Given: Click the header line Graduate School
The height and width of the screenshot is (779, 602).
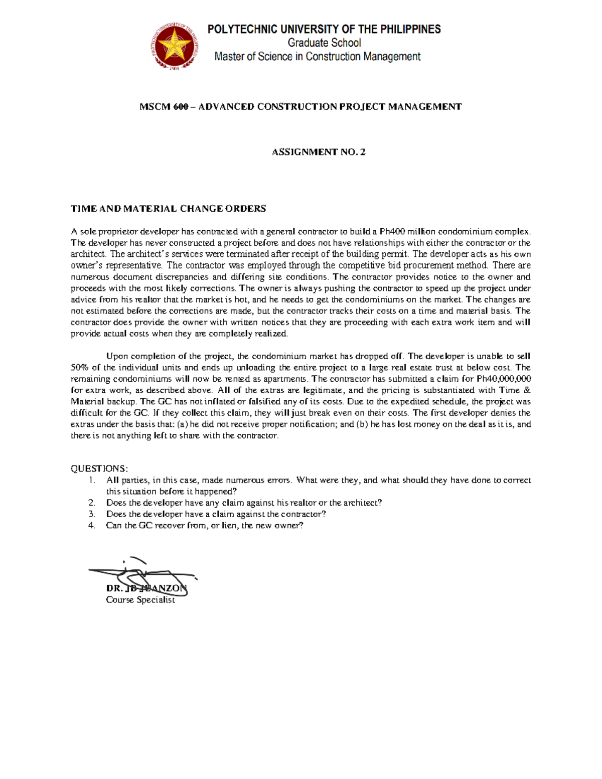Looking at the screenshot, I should tap(324, 43).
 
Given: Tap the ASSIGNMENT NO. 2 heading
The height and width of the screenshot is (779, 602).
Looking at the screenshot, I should tap(319, 152).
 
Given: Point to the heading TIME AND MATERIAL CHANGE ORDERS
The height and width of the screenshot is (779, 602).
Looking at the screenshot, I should tap(168, 209).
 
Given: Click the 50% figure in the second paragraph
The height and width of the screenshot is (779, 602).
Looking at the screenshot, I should tap(79, 368).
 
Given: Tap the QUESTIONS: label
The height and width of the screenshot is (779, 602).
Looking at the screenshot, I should tap(99, 469).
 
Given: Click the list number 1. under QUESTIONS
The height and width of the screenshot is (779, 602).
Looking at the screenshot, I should tap(91, 480).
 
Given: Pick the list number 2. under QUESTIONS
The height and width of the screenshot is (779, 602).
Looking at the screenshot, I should tap(91, 503).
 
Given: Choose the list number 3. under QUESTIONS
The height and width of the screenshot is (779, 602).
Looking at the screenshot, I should tap(91, 514).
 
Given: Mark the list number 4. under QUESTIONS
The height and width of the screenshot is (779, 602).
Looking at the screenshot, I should tap(91, 526).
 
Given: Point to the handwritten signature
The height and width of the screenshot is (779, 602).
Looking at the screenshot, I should tap(143, 577).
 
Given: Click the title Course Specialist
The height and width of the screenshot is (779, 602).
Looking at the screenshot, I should tap(140, 600).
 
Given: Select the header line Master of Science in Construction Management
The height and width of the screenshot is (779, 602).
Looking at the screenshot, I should tap(318, 57).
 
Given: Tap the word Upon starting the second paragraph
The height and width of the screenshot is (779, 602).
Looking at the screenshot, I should tap(117, 356).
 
